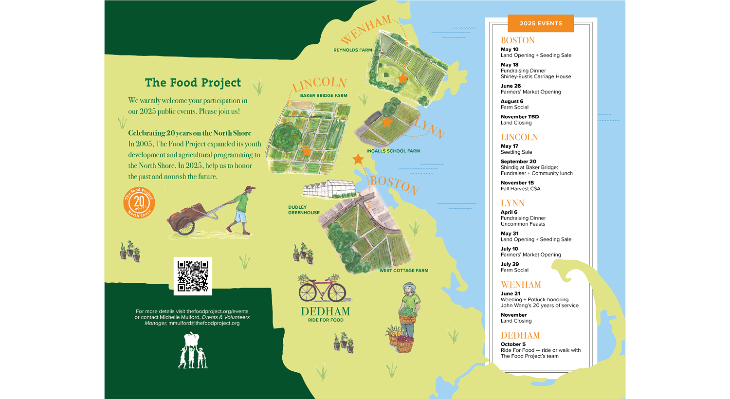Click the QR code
[x=193, y=276]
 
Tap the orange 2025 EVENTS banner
[x=541, y=23]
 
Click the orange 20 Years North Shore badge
[x=139, y=202]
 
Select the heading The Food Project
[x=193, y=83]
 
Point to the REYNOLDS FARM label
[x=352, y=50]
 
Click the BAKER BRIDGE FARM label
[x=324, y=96]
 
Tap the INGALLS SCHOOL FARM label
[x=393, y=151]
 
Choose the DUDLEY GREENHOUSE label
[x=304, y=210]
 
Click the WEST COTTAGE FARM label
[x=404, y=271]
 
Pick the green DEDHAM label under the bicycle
[x=326, y=311]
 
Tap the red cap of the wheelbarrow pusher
[x=250, y=188]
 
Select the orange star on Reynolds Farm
[x=402, y=78]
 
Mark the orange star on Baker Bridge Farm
[x=307, y=151]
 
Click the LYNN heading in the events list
[x=512, y=203]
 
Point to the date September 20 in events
[x=518, y=162]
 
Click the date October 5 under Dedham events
[x=513, y=345]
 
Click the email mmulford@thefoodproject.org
[x=204, y=323]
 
